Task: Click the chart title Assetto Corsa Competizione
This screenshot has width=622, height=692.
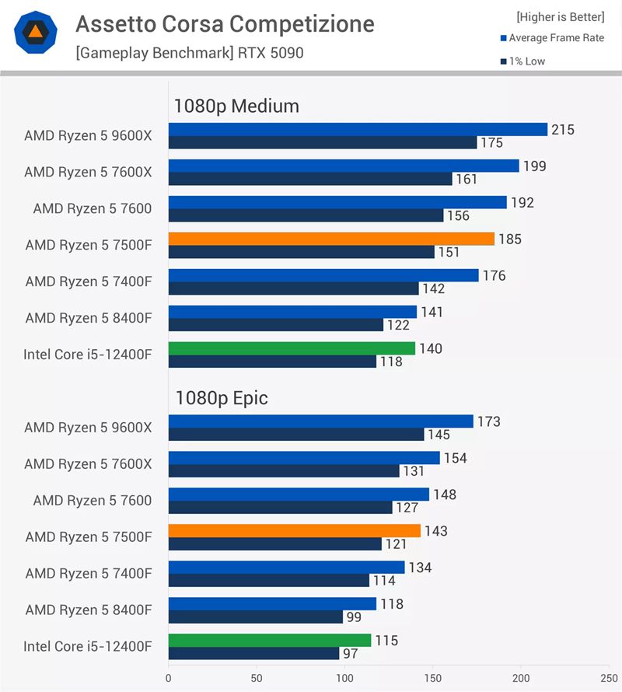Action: (x=225, y=25)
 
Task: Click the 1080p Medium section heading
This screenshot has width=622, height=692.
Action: (x=236, y=106)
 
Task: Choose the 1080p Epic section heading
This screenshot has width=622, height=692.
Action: (x=221, y=398)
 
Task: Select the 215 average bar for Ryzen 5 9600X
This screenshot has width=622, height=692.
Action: (x=358, y=130)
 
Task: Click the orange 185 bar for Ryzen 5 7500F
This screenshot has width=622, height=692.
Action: (x=331, y=239)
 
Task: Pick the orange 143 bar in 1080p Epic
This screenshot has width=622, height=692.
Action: (x=294, y=531)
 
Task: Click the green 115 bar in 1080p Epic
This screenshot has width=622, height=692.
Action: (x=269, y=641)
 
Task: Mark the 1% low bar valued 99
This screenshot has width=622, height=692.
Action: (x=255, y=617)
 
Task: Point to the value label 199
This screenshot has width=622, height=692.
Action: (x=535, y=166)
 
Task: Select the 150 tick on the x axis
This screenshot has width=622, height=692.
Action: (x=432, y=677)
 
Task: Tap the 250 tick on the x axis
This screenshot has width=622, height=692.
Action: (x=608, y=677)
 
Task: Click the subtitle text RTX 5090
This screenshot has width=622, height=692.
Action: (x=272, y=53)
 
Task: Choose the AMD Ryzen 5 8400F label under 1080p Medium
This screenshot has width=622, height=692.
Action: (x=89, y=318)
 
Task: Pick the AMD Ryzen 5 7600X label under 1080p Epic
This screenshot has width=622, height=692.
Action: (x=89, y=464)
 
